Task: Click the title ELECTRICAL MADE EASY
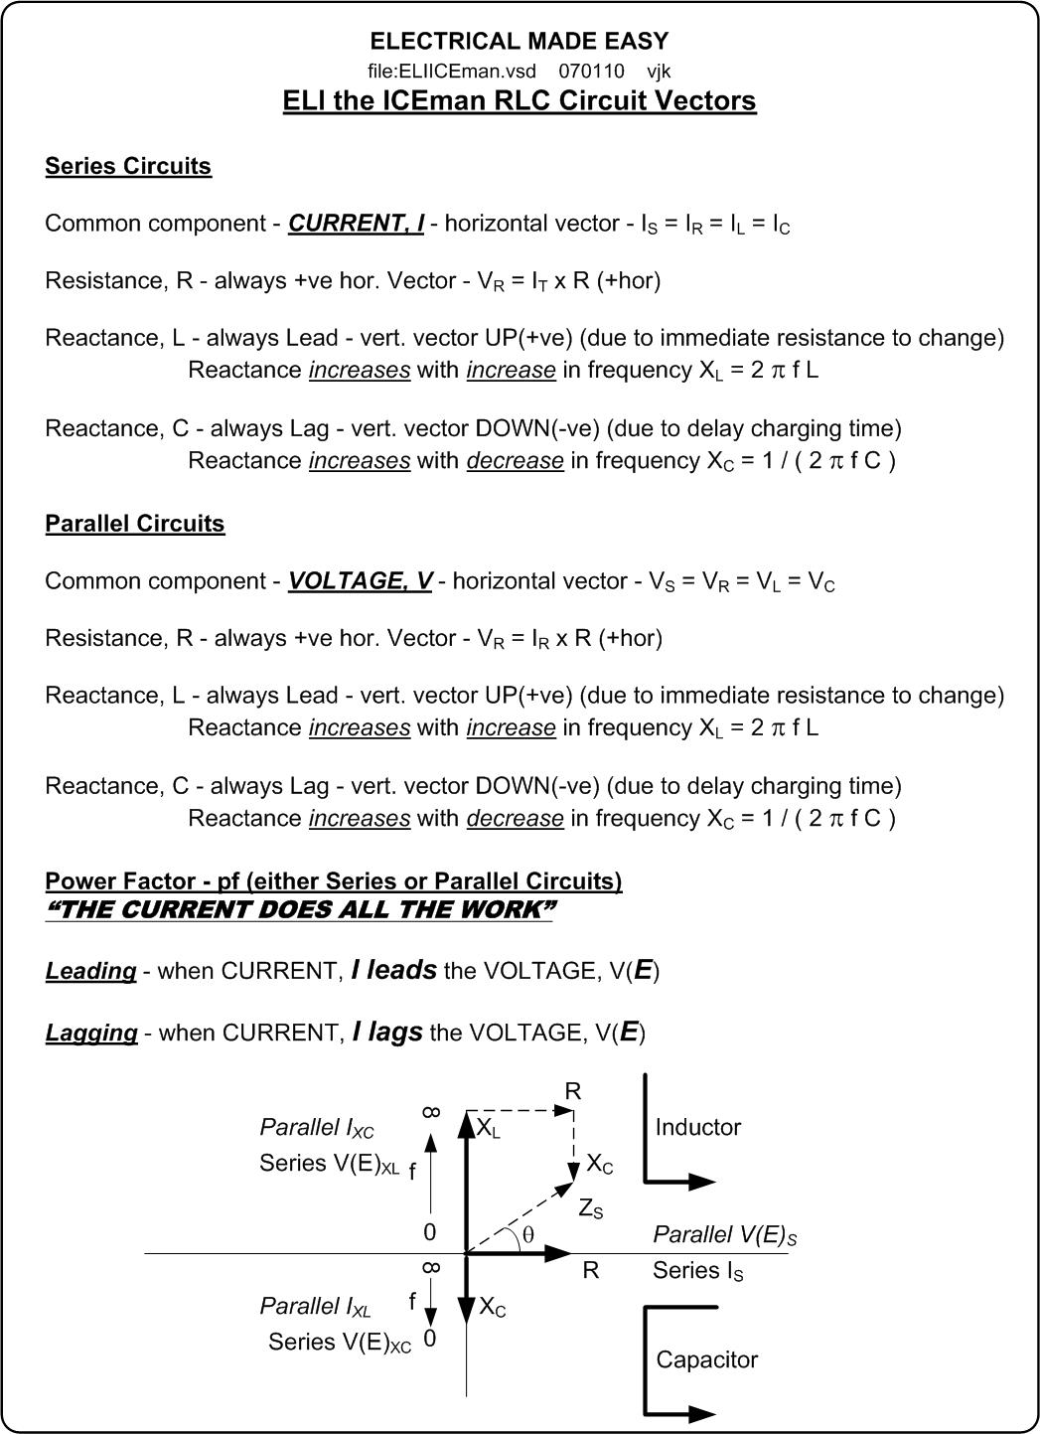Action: point(519,41)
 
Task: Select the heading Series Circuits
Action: point(128,166)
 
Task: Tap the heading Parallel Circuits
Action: point(135,524)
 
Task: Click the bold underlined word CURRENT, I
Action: point(356,224)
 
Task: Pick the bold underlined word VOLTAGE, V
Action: point(360,581)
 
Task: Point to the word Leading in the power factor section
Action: point(90,971)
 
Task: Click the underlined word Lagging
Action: point(91,1034)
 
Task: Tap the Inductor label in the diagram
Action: point(697,1127)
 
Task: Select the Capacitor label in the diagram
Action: point(706,1359)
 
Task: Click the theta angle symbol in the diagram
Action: point(527,1234)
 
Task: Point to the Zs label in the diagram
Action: point(590,1209)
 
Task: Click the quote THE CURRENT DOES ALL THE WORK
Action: point(299,910)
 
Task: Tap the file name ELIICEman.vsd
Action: point(452,72)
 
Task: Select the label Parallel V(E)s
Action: point(724,1235)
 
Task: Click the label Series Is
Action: point(697,1271)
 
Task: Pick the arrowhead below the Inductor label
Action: point(701,1182)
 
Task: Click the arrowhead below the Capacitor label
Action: point(701,1413)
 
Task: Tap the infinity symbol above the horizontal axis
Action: point(430,1111)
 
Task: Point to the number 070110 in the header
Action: point(591,72)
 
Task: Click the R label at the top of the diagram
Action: point(572,1091)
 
